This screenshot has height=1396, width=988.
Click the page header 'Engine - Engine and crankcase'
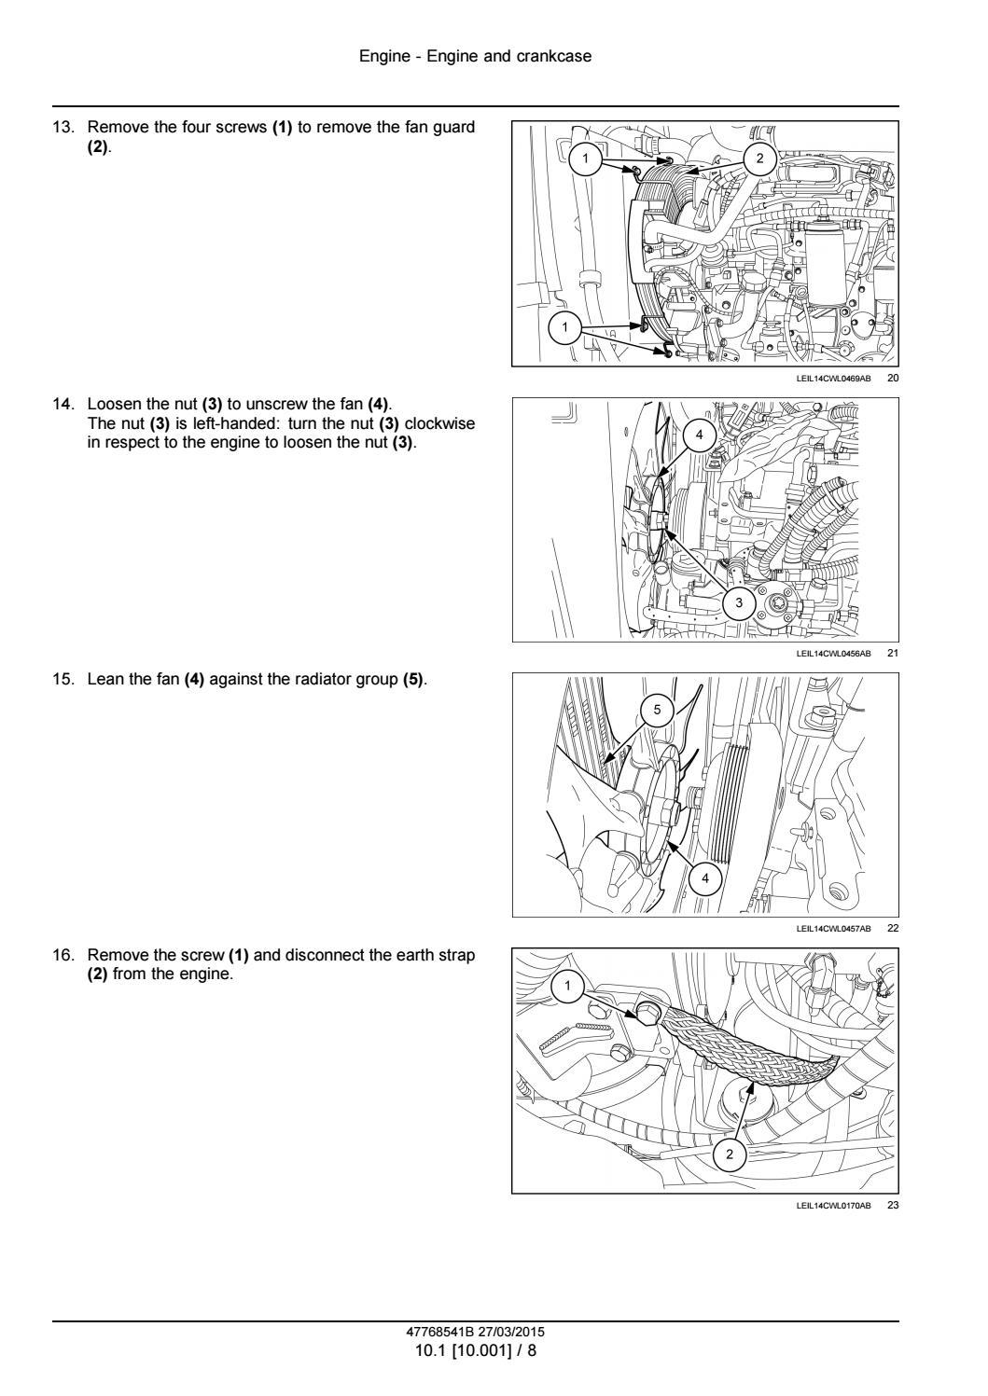[x=475, y=57]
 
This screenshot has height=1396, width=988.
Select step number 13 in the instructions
[x=62, y=127]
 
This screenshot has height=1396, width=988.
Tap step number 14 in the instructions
[x=62, y=404]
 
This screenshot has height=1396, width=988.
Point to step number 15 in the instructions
[x=62, y=680]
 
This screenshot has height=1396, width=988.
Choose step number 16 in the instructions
[x=62, y=956]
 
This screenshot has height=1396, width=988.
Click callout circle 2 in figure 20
[x=759, y=159]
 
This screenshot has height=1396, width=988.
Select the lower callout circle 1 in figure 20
[x=564, y=327]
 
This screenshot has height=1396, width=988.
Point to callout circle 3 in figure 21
[x=740, y=602]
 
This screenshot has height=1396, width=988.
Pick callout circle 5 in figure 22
[x=657, y=710]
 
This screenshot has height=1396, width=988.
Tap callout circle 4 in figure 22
[x=705, y=878]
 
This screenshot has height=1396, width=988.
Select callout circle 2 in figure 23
[x=730, y=1154]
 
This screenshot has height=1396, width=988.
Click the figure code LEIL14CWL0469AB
[x=833, y=379]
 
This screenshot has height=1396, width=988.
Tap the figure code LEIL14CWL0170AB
[x=833, y=1206]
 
